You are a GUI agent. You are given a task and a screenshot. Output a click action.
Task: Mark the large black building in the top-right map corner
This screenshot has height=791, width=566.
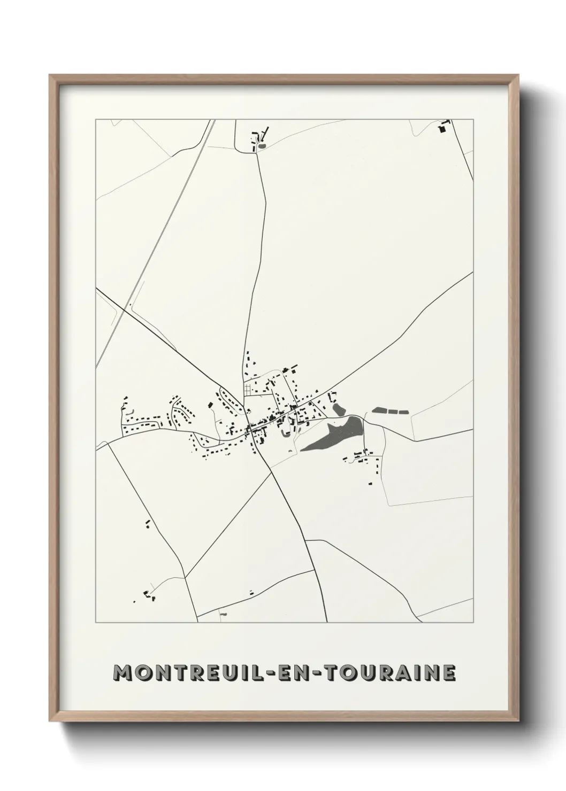tap(442, 128)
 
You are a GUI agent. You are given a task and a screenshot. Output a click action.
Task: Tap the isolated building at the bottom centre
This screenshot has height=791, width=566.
tap(251, 592)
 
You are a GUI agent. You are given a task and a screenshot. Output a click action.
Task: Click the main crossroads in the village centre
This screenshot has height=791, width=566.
tap(249, 429)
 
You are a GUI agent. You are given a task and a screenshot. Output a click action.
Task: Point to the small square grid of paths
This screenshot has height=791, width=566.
tap(250, 389)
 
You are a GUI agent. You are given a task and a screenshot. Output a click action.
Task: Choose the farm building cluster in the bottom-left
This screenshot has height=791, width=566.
tap(147, 595)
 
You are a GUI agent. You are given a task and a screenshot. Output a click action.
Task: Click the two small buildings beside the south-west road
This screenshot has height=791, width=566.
tap(147, 523)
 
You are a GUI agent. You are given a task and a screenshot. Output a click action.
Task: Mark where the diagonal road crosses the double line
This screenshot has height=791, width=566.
tap(129, 307)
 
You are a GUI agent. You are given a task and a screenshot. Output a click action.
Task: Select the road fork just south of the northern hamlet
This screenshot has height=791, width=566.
tap(256, 153)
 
